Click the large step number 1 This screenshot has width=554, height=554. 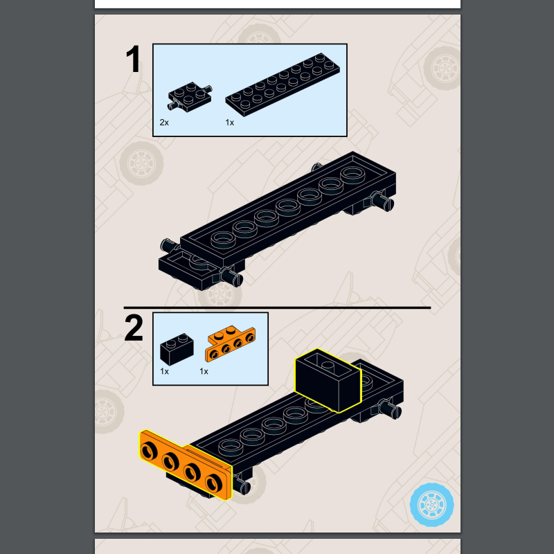point(133,59)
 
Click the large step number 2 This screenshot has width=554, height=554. point(134,328)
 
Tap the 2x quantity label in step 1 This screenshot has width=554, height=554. point(164,123)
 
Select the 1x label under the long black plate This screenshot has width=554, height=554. point(230,123)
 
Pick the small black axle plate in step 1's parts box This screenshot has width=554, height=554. point(190,96)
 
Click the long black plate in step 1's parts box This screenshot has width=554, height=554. point(283,84)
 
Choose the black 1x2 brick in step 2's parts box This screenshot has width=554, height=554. point(177,349)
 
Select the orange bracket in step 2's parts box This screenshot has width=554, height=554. point(231,343)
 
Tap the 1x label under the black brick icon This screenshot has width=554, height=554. point(164,371)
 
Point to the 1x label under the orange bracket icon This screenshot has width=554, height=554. point(204,371)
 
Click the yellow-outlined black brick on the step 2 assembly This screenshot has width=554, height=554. point(328,380)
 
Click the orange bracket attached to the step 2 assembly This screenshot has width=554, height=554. point(186,465)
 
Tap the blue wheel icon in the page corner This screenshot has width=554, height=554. point(431,505)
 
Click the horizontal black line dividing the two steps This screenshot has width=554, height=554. point(278,307)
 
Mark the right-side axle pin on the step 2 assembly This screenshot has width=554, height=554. point(391,409)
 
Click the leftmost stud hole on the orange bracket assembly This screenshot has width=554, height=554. point(149,452)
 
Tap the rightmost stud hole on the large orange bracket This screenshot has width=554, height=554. point(214,483)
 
